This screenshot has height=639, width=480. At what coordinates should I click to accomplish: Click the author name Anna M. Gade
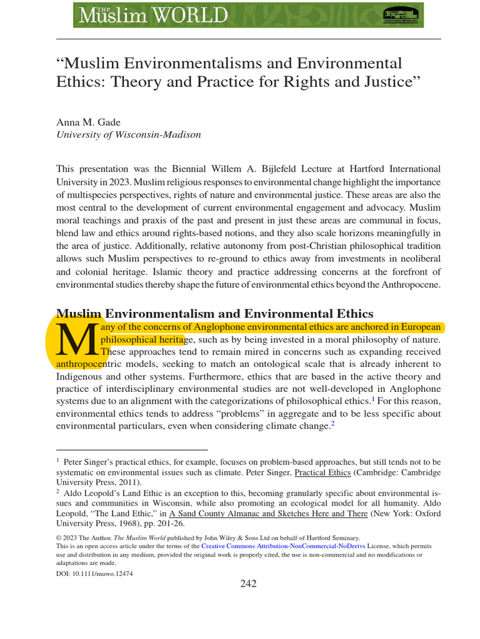(89, 122)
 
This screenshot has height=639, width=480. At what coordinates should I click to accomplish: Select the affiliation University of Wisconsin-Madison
(129, 134)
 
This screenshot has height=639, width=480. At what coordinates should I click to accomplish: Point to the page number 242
(248, 583)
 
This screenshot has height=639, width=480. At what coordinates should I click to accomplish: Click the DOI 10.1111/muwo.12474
(94, 573)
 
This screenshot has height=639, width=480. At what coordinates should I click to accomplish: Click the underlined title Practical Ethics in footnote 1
(323, 472)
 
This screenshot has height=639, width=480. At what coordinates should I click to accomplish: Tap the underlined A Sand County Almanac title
(250, 514)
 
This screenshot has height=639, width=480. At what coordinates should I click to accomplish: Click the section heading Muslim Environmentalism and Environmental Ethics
(214, 313)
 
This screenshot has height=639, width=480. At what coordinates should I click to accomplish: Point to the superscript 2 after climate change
(333, 424)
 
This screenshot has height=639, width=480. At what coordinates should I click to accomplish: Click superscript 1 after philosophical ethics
(373, 399)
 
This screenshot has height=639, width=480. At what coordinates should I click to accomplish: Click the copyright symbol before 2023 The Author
(59, 537)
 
